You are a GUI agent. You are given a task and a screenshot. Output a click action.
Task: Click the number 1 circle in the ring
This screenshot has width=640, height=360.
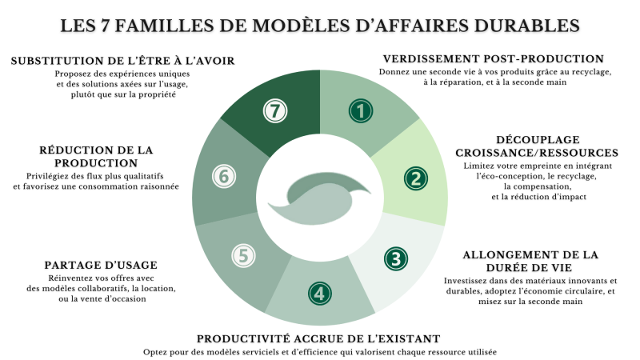362,110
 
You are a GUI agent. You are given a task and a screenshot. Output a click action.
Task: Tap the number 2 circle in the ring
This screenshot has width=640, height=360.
414,178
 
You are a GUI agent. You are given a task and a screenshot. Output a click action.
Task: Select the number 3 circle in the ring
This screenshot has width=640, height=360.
395,258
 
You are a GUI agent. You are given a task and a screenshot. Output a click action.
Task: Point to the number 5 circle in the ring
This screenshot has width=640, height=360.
243,255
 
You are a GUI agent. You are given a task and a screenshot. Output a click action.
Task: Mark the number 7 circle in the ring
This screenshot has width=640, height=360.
275,111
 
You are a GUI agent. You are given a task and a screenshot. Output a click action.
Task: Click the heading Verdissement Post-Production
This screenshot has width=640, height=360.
493,59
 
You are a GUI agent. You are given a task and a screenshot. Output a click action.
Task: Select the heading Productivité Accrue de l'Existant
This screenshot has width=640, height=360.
318,338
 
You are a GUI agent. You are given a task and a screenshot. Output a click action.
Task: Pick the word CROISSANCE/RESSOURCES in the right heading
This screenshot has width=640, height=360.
536,152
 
